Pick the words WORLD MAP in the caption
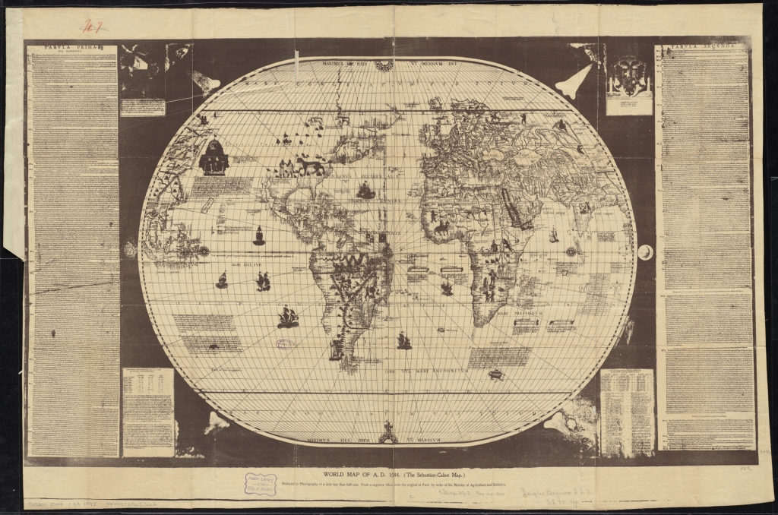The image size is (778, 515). (x=330, y=471)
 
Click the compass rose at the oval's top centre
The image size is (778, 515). (x=385, y=66)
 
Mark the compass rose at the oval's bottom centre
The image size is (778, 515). (x=389, y=435)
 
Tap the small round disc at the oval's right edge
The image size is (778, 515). (x=645, y=251)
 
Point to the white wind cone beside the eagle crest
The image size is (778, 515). (x=578, y=77)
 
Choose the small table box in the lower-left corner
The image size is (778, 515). (x=147, y=411)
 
